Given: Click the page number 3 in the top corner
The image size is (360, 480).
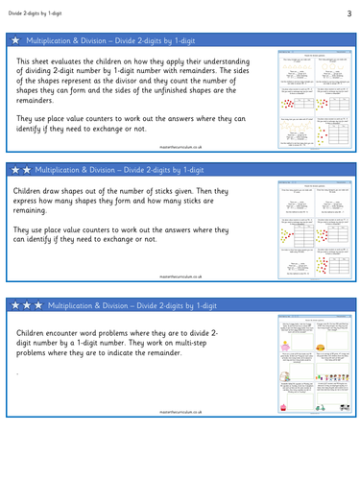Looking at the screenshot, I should click(349, 12).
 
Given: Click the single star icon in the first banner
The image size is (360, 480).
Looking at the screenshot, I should click(15, 42).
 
